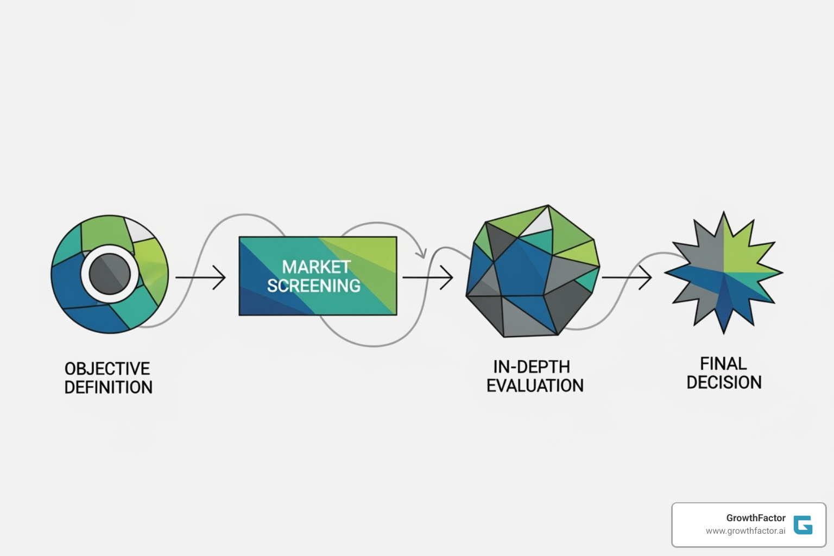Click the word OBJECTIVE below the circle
coord(107,369)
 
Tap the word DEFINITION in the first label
coord(108,388)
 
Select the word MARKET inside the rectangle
coord(316,267)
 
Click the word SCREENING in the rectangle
coord(314,286)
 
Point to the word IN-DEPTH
coord(532,367)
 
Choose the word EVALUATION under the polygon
coord(535,386)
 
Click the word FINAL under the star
coord(723,363)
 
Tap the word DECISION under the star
coord(724,382)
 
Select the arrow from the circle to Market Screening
coord(200,277)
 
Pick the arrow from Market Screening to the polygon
coord(428,278)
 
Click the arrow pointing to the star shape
coord(627,277)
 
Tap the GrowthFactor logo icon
coord(803,525)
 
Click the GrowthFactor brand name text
coord(755,518)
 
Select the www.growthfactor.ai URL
coord(745,531)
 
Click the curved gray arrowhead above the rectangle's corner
coord(420,252)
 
